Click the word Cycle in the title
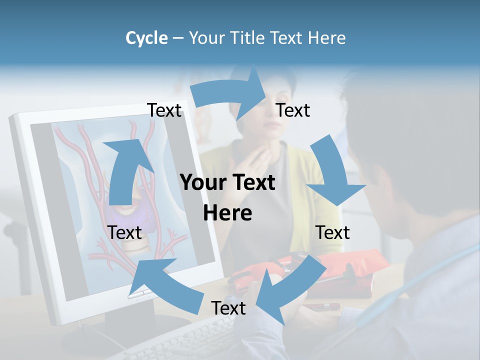click(x=146, y=38)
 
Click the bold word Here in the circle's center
click(x=227, y=213)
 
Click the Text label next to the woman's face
click(x=293, y=110)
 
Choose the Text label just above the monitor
click(x=164, y=110)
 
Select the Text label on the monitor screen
click(x=124, y=232)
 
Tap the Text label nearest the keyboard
click(x=228, y=308)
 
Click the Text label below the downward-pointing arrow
click(x=332, y=232)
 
